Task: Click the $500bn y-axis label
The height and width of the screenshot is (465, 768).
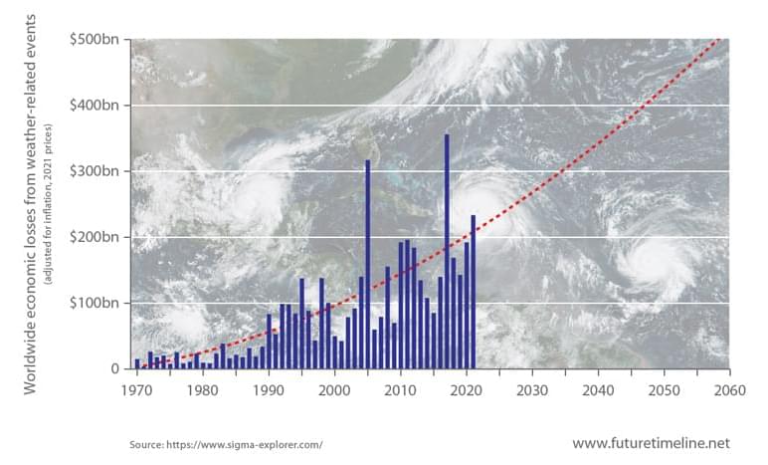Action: point(96,39)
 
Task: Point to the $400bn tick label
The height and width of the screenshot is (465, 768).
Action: point(96,105)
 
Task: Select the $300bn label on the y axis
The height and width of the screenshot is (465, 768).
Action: point(96,170)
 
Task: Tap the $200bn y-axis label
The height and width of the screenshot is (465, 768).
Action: point(96,236)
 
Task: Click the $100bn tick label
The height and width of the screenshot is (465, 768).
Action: point(96,302)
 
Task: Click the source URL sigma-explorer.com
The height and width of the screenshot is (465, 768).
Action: point(226,443)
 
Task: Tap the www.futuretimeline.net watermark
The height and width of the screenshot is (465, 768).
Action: point(651,442)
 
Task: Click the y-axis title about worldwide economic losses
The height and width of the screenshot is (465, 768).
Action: point(31,203)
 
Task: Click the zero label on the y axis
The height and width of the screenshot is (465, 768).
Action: point(114,368)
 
